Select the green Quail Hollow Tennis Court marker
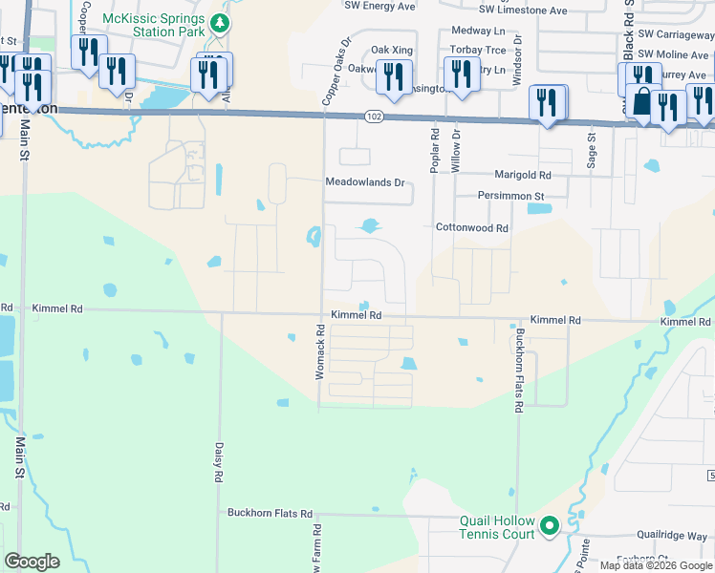click(x=550, y=525)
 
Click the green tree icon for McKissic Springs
click(x=221, y=22)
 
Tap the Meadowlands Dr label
click(x=366, y=181)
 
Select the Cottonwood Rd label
click(x=472, y=228)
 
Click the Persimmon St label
click(x=511, y=196)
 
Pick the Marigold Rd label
click(x=522, y=175)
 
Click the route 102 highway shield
click(x=374, y=116)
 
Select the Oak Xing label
click(x=390, y=50)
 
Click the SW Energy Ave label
click(x=381, y=6)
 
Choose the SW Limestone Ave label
click(x=523, y=11)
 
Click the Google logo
click(x=32, y=562)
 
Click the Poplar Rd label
click(x=435, y=141)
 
